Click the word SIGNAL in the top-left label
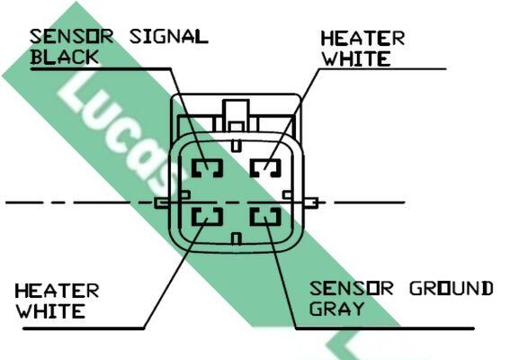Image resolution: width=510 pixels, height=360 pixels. tap(169, 37)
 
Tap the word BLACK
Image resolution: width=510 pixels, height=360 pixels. tap(65, 57)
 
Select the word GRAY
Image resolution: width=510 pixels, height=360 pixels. tap(336, 308)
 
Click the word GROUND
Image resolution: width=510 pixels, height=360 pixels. tap(452, 288)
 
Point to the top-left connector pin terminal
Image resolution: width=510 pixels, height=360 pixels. tap(207, 168)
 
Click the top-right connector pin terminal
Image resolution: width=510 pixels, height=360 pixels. tap(265, 168)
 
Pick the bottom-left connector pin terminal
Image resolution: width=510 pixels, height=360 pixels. tap(207, 216)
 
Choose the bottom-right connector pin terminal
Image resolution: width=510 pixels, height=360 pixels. tap(265, 216)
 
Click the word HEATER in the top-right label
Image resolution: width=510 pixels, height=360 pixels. tap(362, 39)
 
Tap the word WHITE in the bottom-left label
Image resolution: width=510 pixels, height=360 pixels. tap(50, 310)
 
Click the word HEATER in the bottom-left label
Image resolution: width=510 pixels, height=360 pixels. tap(57, 291)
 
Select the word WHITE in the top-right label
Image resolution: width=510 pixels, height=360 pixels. tap(356, 58)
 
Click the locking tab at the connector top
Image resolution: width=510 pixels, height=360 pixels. tap(237, 115)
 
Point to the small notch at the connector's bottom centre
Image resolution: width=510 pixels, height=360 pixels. tap(237, 238)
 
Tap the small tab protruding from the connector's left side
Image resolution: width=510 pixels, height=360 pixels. tap(162, 203)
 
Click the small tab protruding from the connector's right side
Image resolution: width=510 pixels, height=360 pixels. tap(310, 202)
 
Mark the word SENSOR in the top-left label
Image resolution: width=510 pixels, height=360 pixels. tap(72, 37)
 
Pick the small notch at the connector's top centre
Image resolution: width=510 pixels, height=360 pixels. tap(237, 146)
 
